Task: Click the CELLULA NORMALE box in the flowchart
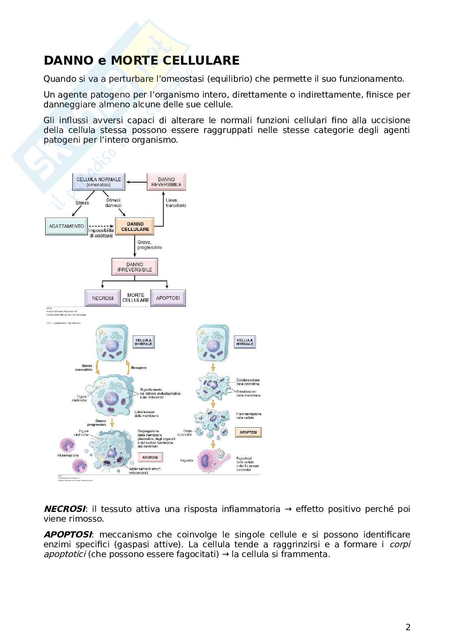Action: (x=98, y=182)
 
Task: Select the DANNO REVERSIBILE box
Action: (x=166, y=182)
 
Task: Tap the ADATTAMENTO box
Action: (x=66, y=226)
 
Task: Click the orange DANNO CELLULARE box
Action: (x=135, y=227)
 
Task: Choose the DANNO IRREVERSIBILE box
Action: (x=134, y=267)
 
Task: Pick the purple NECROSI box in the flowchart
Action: (x=103, y=298)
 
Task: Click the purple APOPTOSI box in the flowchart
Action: (x=168, y=298)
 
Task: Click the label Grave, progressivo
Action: (x=149, y=245)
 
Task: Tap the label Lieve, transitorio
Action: (x=176, y=203)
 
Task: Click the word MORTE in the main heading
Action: (x=135, y=61)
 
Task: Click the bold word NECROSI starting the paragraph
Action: (x=64, y=509)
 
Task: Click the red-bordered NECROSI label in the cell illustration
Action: (x=150, y=457)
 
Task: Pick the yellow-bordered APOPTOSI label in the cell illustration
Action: (x=248, y=432)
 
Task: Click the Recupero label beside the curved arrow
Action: (x=139, y=368)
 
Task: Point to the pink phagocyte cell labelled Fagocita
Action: (x=210, y=460)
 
